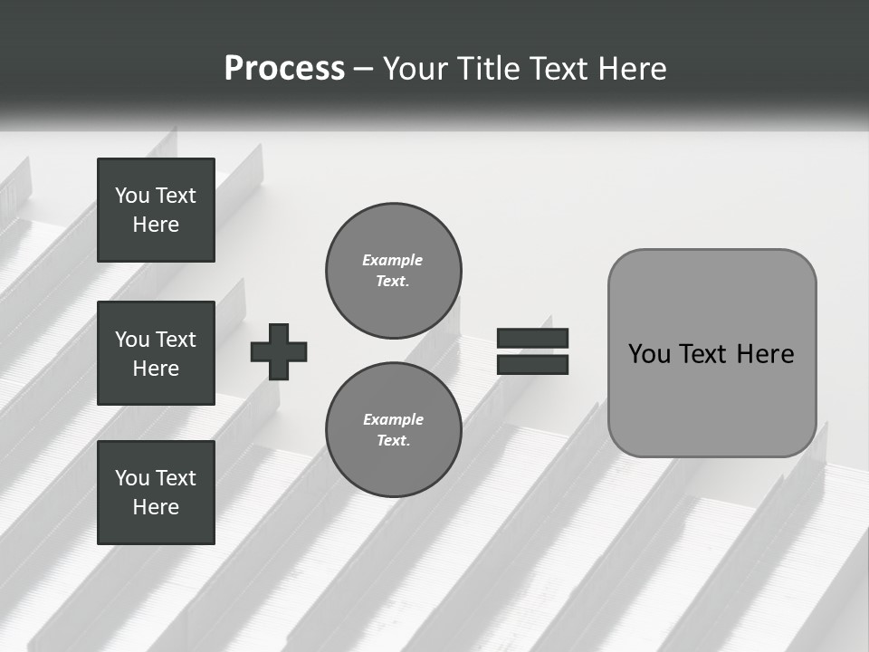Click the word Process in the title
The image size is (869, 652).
[x=284, y=69]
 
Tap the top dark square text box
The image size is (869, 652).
[x=156, y=210]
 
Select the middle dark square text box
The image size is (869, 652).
[x=156, y=353]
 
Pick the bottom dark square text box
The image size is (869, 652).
[x=156, y=493]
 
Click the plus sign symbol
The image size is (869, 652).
[x=279, y=351]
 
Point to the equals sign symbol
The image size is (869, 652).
[x=532, y=351]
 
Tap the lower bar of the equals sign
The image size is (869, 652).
[x=532, y=364]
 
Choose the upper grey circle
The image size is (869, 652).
[x=393, y=270]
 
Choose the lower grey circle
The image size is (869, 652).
[x=393, y=429]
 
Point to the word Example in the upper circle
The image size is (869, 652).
[x=393, y=260]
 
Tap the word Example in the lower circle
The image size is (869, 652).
[x=393, y=419]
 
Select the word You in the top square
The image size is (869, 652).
[x=132, y=196]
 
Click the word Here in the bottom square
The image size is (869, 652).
[x=156, y=507]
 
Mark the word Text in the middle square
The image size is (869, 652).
[x=176, y=340]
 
